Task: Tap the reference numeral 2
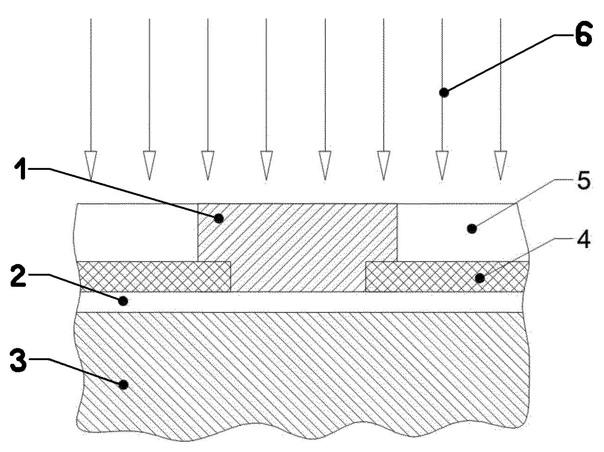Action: (19, 276)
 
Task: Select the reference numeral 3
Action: (18, 360)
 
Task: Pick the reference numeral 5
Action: (583, 181)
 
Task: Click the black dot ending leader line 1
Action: (219, 219)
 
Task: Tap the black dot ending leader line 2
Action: (123, 301)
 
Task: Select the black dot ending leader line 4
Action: (480, 278)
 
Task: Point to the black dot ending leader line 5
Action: (472, 229)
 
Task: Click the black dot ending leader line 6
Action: (443, 92)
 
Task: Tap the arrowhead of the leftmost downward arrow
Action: (91, 165)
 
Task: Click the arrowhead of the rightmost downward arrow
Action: (500, 165)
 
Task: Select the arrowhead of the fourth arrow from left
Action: (266, 165)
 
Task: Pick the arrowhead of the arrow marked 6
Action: (442, 165)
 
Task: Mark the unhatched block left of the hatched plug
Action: (136, 232)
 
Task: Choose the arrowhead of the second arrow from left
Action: (149, 165)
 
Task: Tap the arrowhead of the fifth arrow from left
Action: (325, 165)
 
